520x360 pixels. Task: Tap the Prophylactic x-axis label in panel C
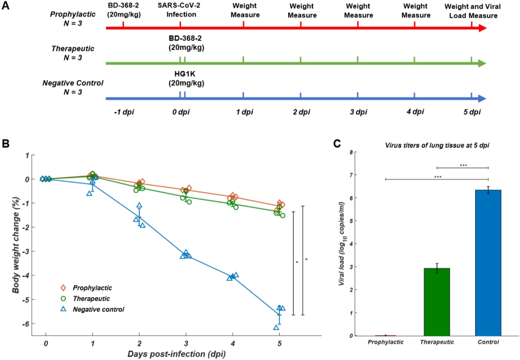coord(385,342)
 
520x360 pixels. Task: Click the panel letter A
coord(6,5)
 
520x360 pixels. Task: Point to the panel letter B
coord(6,143)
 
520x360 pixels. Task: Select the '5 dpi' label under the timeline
coord(471,112)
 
